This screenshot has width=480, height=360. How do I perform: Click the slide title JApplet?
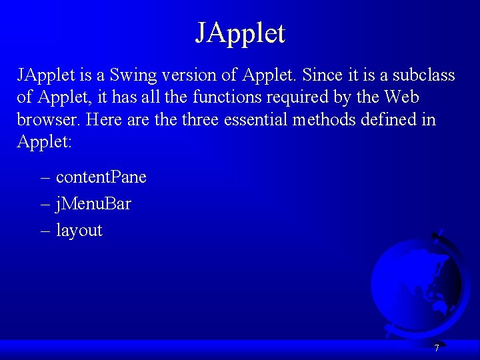(x=240, y=33)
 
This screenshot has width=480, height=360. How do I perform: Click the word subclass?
(x=421, y=75)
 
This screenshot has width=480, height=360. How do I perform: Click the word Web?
(x=401, y=97)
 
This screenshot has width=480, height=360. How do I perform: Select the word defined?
(x=407, y=120)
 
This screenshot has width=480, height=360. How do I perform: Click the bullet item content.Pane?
(x=101, y=177)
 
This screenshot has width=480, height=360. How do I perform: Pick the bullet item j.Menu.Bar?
(x=93, y=203)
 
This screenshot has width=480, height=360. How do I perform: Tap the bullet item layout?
(x=79, y=231)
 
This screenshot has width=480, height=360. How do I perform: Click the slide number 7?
(x=437, y=348)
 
